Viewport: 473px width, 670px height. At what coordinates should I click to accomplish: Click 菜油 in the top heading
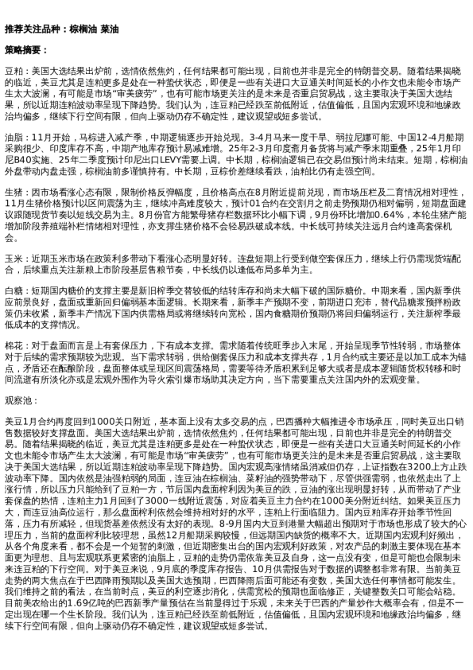110,29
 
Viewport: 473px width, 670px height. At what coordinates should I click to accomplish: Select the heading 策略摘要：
26,49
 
